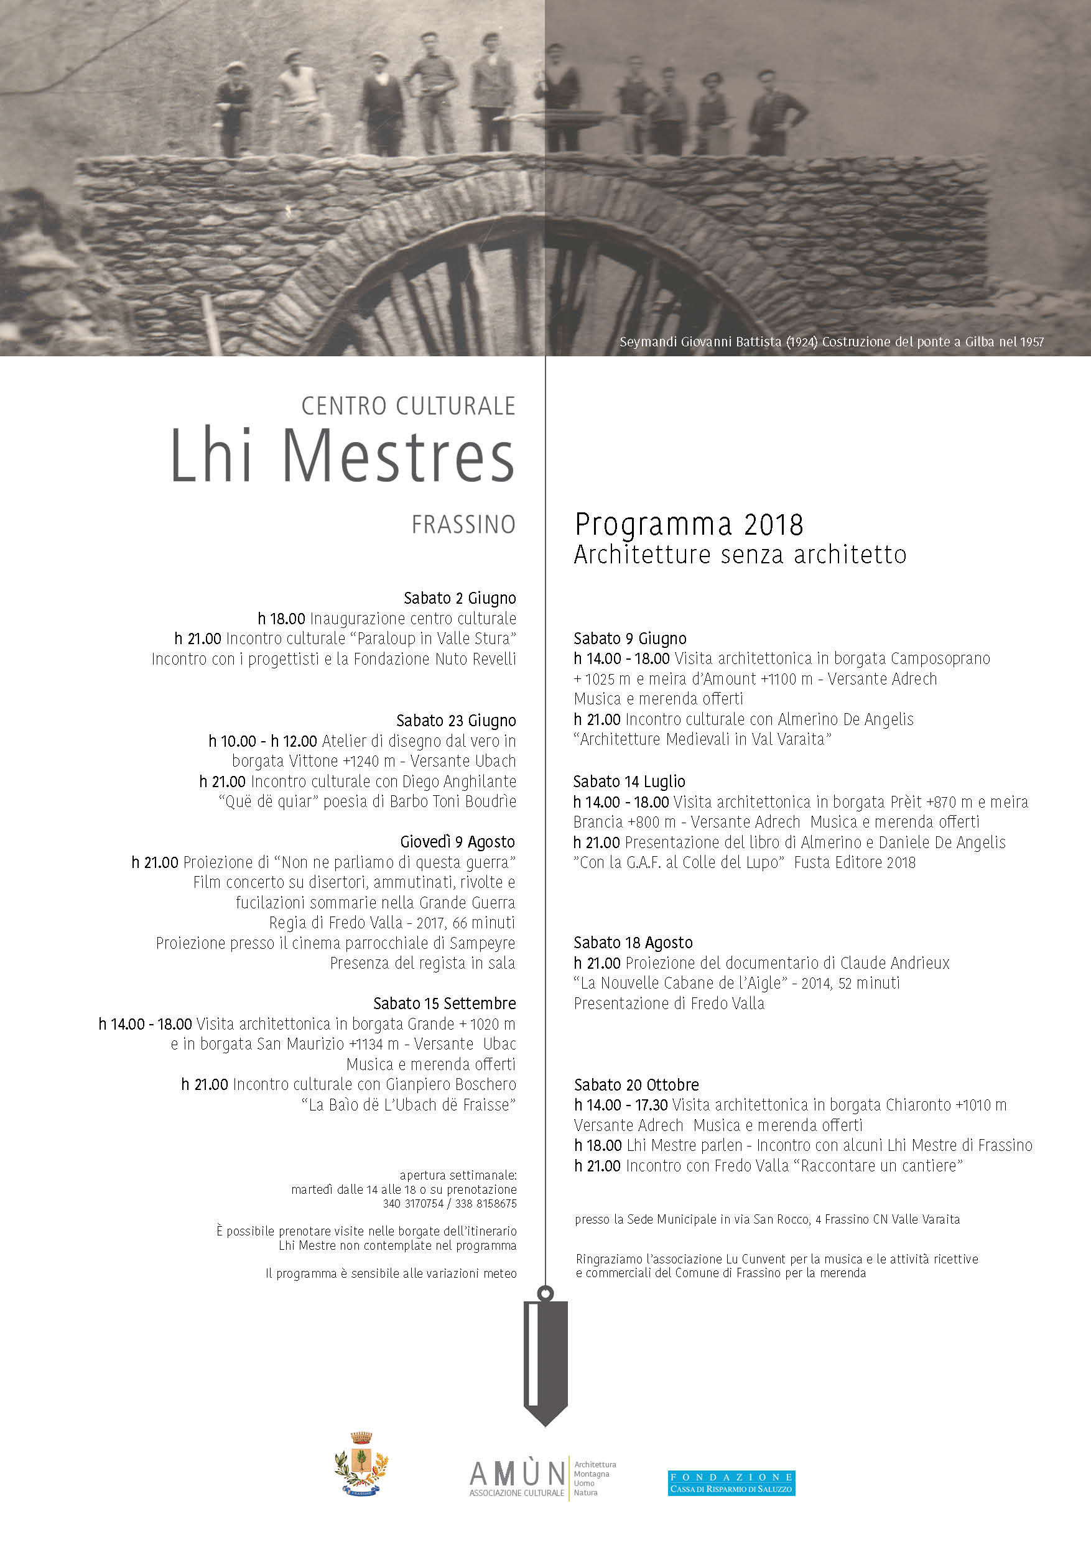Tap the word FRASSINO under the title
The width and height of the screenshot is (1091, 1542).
463,525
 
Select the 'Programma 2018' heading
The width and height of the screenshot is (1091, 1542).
689,525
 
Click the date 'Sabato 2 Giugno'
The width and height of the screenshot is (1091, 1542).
460,598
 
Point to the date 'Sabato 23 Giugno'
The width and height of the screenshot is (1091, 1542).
455,721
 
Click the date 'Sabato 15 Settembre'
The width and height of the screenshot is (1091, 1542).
444,1004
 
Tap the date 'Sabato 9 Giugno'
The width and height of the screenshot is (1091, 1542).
629,638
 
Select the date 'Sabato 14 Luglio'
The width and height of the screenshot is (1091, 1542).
629,781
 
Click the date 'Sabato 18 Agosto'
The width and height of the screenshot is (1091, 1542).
633,942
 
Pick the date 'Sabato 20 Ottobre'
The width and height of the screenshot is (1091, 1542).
636,1084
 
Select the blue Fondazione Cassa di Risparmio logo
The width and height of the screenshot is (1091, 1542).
731,1483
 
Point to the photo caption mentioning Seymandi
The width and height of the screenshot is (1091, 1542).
831,342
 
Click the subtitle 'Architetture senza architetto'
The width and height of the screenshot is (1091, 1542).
740,555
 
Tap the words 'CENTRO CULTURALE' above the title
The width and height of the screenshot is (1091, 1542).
408,405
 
